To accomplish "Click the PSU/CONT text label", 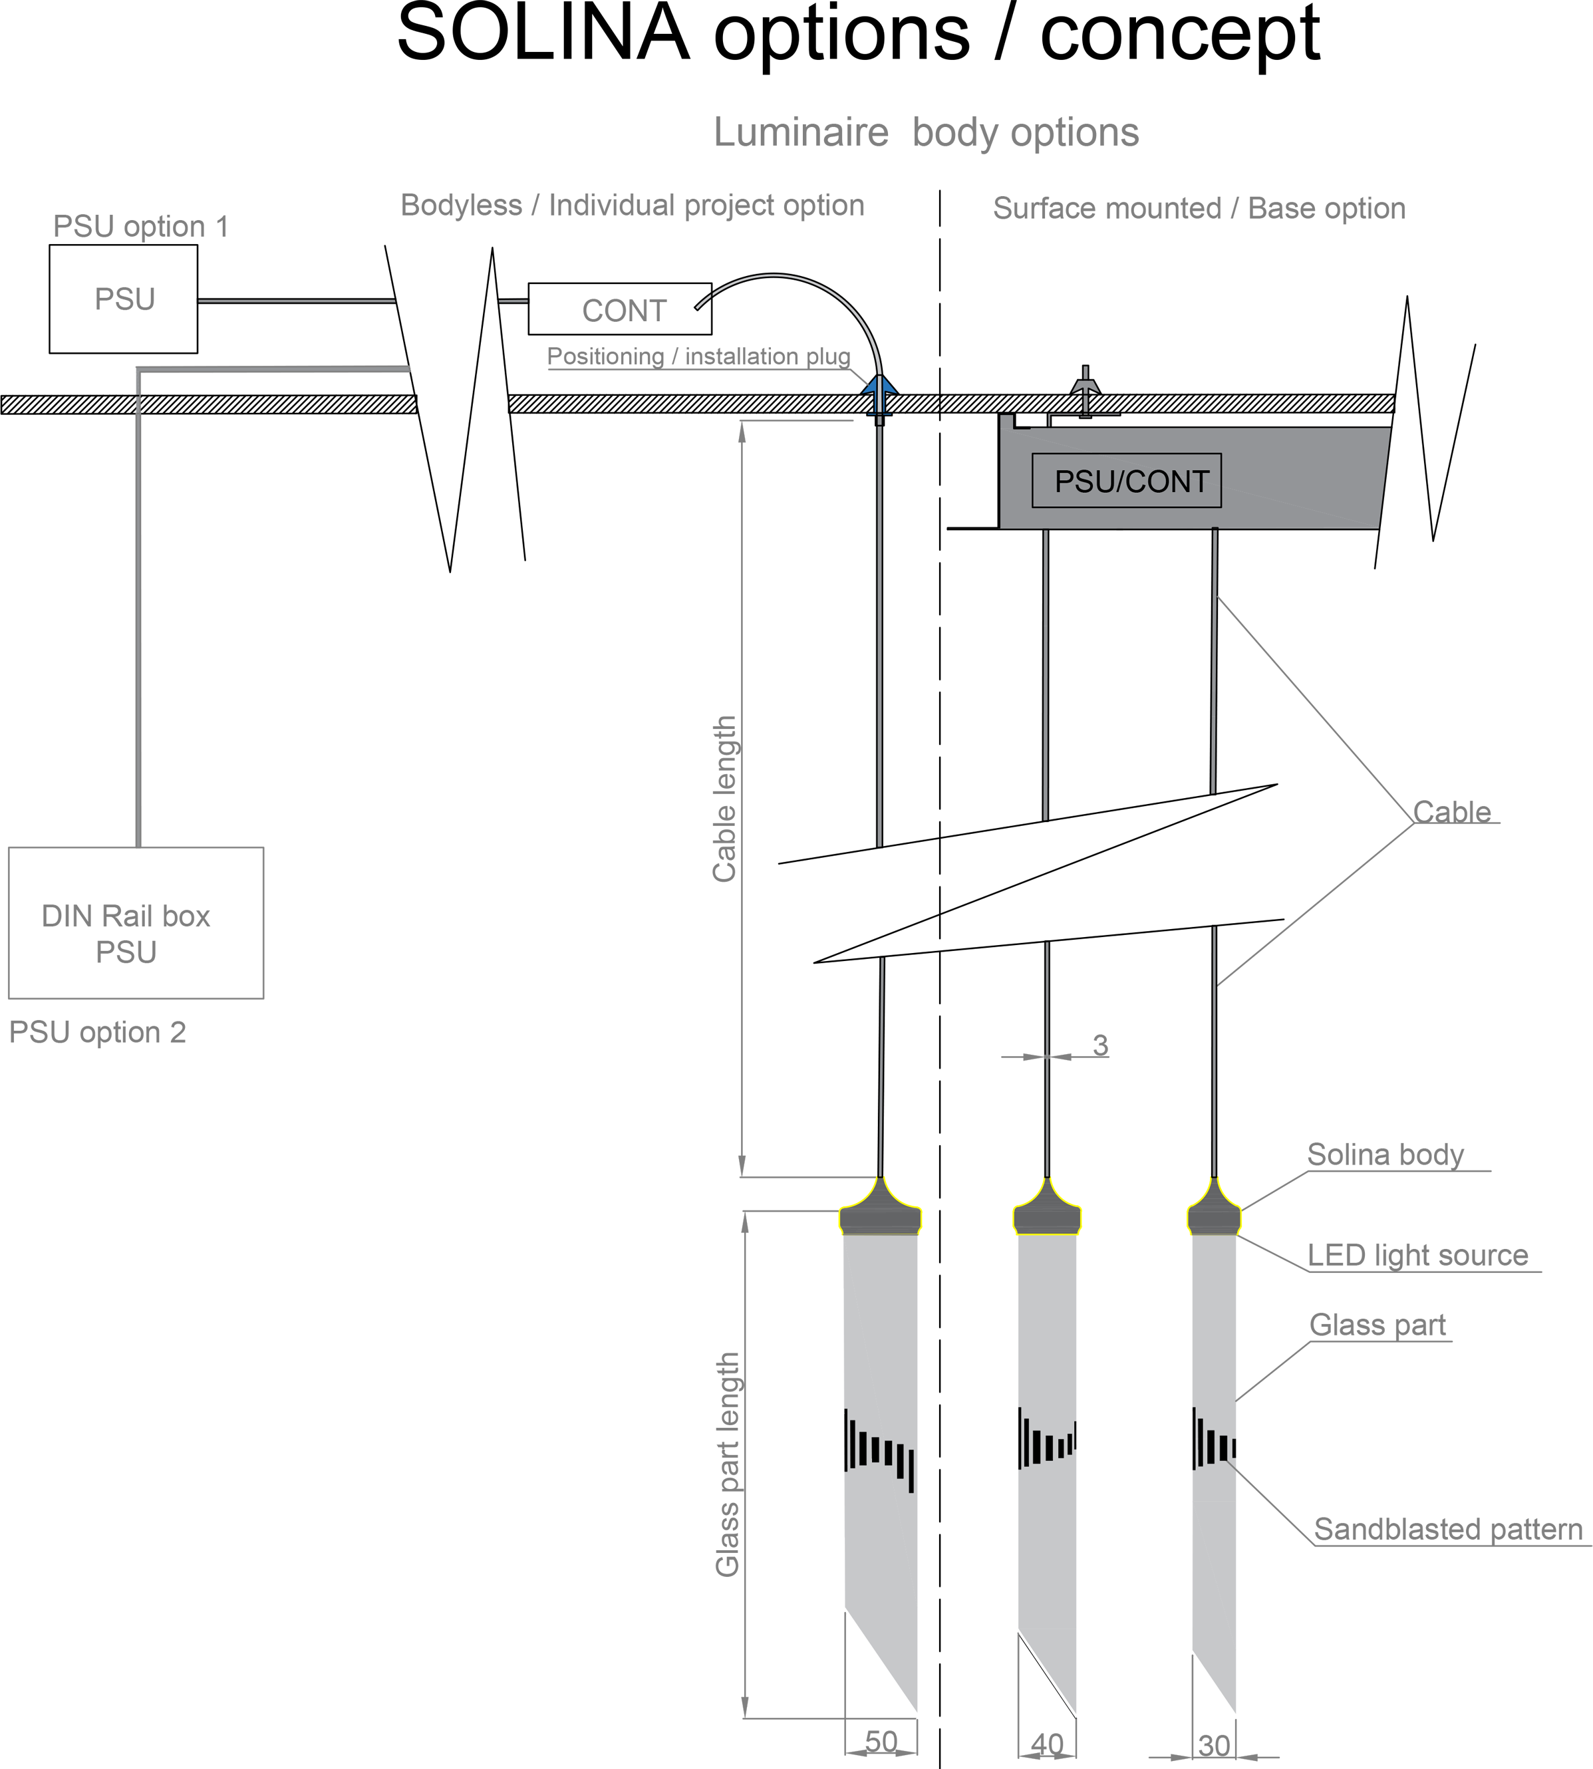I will click(x=1132, y=481).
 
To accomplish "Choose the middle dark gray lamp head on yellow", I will click(x=1047, y=1216).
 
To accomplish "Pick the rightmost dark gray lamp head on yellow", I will click(x=1214, y=1216).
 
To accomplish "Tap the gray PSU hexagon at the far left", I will click(x=124, y=299).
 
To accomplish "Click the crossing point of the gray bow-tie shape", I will click(x=1048, y=1057).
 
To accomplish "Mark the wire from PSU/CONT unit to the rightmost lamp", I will click(x=1214, y=665).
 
